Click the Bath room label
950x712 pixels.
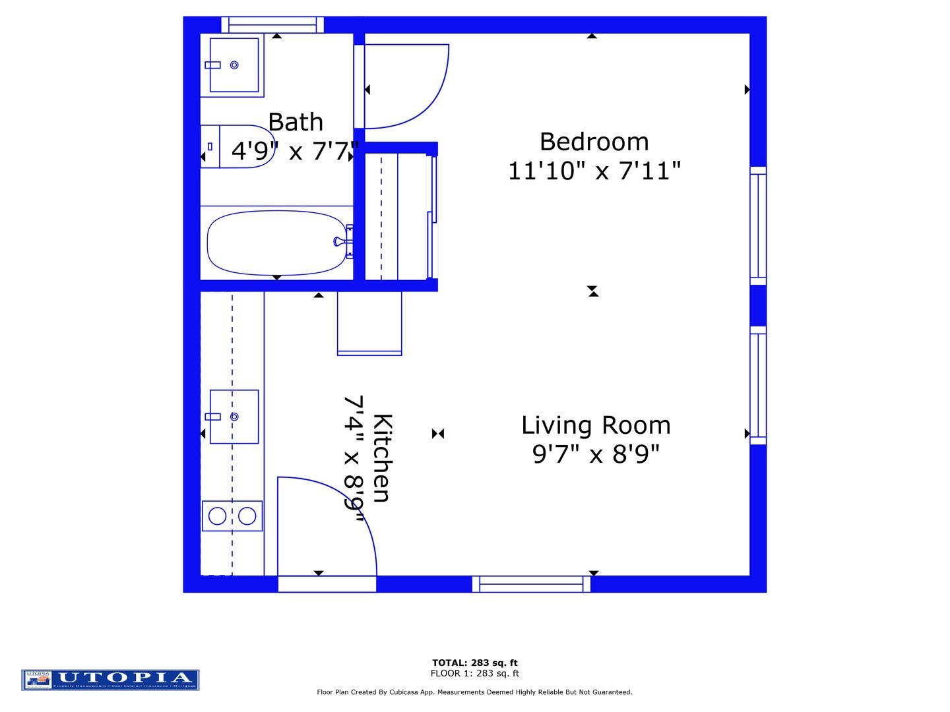296,123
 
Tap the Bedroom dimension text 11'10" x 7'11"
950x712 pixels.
594,171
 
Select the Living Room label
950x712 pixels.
596,425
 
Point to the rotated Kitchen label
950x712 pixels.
382,458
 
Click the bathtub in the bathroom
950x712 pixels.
277,243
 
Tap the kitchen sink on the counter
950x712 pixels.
234,417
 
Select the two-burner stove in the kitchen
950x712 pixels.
232,516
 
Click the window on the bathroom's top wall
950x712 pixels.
272,25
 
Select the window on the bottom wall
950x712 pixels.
531,584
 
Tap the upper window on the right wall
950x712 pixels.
758,226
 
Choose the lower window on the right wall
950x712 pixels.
758,385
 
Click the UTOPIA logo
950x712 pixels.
110,680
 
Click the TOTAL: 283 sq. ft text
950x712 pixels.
474,663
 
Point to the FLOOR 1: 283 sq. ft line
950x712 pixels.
474,673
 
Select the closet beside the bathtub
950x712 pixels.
398,216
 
